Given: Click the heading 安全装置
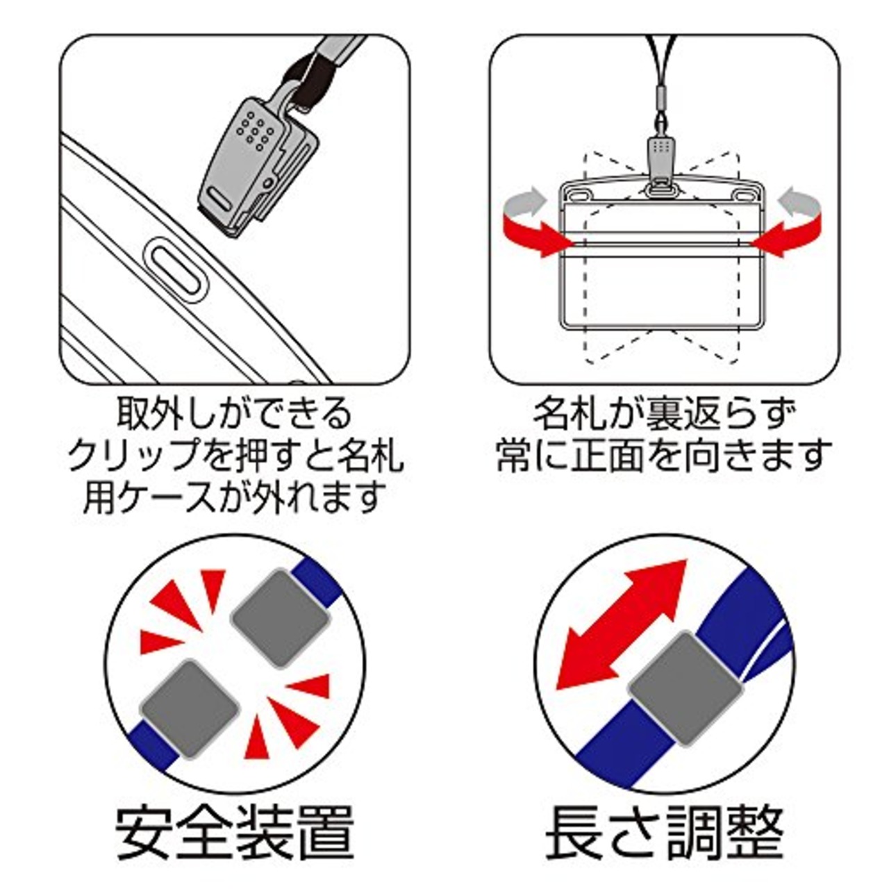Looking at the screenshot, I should pyautogui.click(x=235, y=831).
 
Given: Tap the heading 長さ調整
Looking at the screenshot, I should pyautogui.click(x=665, y=831).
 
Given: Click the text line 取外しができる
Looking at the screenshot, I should pyautogui.click(x=234, y=415).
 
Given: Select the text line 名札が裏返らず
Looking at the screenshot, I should pyautogui.click(x=663, y=415).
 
